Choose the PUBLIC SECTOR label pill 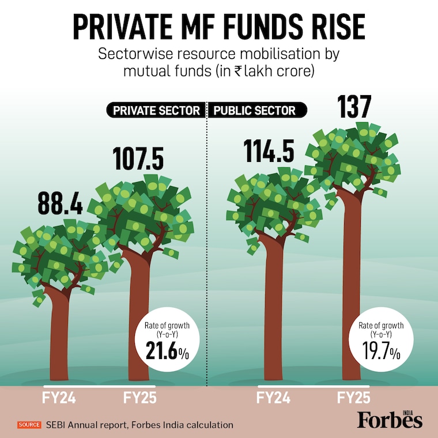tap(255, 110)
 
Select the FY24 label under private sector tap(59, 398)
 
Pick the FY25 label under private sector tap(140, 398)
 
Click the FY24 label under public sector tap(273, 398)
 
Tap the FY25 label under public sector tap(353, 398)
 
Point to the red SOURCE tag tap(29, 425)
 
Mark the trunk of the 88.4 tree tap(59, 334)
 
